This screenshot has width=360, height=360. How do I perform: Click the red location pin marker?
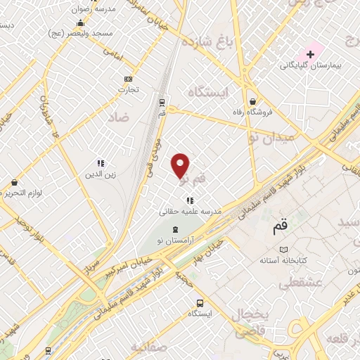tap(181, 165)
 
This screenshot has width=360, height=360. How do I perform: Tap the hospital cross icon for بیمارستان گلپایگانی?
tap(310, 53)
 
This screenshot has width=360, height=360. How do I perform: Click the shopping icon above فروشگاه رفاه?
tap(252, 101)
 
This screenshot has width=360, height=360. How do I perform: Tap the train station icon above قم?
tap(162, 101)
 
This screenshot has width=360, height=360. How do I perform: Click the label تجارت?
tap(128, 89)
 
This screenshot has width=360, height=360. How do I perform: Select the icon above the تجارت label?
tap(128, 79)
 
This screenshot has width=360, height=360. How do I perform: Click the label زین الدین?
tap(100, 173)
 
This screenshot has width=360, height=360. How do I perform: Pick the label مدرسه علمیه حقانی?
tap(191, 211)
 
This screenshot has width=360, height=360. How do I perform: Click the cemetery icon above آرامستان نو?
tap(175, 230)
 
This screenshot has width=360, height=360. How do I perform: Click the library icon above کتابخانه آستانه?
tap(283, 250)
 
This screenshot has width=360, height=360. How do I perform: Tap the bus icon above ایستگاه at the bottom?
tap(200, 303)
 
